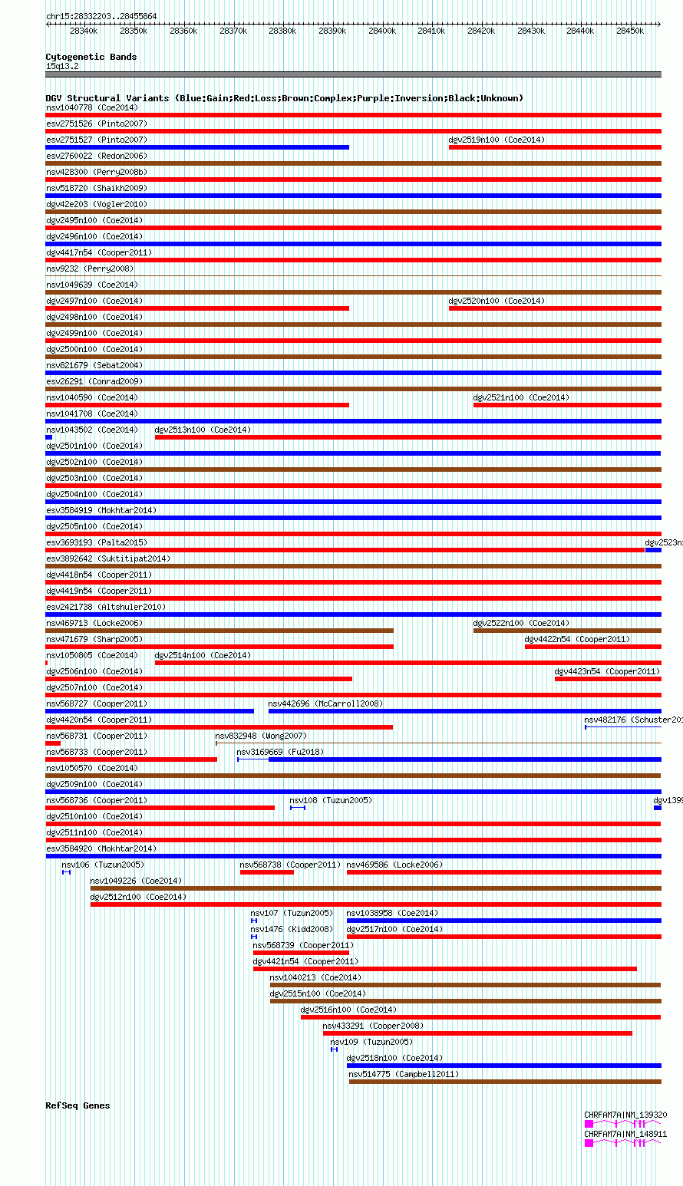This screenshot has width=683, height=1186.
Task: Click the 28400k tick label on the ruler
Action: pyautogui.click(x=382, y=31)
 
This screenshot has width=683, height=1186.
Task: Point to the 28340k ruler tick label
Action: pyautogui.click(x=84, y=31)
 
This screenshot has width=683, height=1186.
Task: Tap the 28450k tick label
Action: pyautogui.click(x=630, y=31)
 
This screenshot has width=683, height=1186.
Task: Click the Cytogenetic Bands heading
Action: pyautogui.click(x=91, y=57)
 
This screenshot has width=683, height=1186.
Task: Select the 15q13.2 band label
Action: pyautogui.click(x=61, y=66)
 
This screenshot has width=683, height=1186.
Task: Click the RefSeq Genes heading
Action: pyautogui.click(x=78, y=1105)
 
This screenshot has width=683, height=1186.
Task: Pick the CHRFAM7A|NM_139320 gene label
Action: pyautogui.click(x=625, y=1115)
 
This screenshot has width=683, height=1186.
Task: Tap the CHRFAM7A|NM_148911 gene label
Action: pyautogui.click(x=625, y=1133)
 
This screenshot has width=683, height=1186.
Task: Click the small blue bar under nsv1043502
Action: pyautogui.click(x=48, y=437)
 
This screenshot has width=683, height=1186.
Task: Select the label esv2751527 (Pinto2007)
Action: pyautogui.click(x=96, y=140)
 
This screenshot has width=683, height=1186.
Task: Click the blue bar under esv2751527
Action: pyautogui.click(x=197, y=147)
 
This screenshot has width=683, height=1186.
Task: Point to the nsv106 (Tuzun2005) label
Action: pyautogui.click(x=102, y=865)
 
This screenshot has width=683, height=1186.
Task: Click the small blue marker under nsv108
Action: pyautogui.click(x=298, y=808)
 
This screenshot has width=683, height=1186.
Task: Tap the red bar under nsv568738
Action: pyautogui.click(x=266, y=872)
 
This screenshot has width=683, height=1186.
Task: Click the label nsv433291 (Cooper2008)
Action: pyautogui.click(x=372, y=1026)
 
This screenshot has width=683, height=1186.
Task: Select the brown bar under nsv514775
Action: pyautogui.click(x=505, y=1082)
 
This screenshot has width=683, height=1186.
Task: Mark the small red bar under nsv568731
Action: pyautogui.click(x=52, y=743)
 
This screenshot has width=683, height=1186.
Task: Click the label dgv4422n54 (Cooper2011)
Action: pyautogui.click(x=576, y=639)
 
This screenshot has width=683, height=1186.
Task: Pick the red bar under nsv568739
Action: pyautogui.click(x=269, y=953)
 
